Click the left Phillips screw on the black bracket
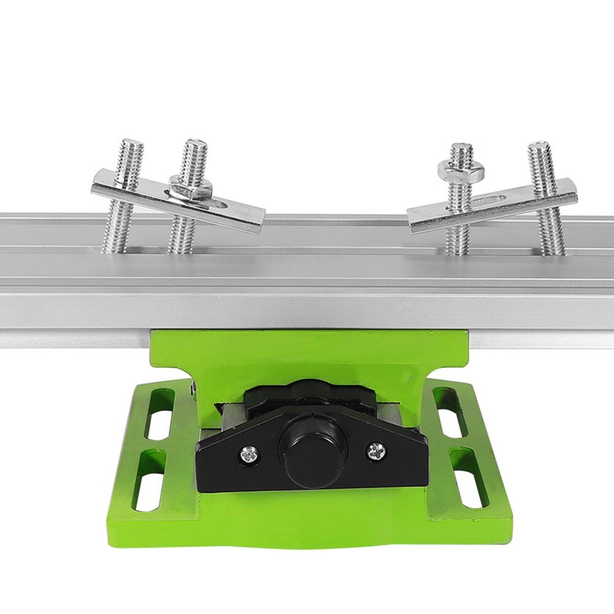coord(249,455)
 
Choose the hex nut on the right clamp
coord(461,170)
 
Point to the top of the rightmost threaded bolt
coord(538,147)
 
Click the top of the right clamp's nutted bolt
coord(461,148)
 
